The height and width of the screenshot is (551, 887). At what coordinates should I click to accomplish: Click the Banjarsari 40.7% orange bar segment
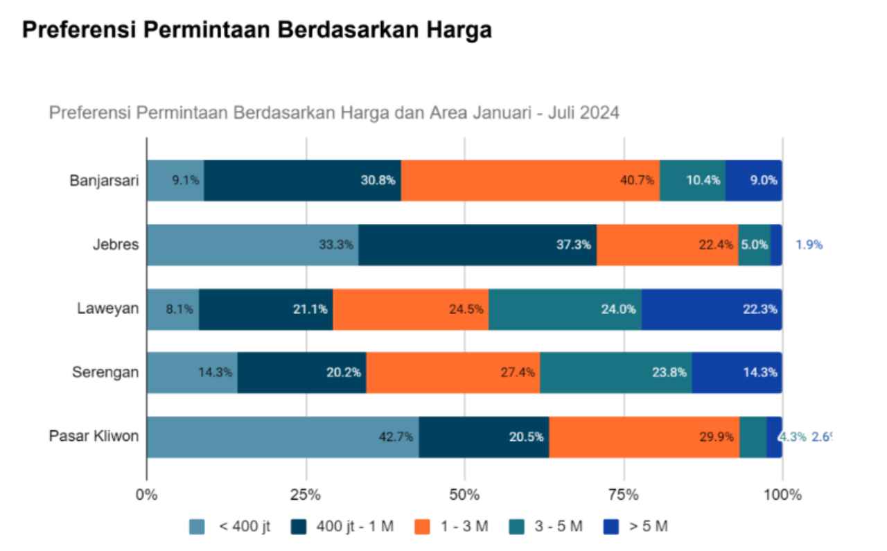pos(530,180)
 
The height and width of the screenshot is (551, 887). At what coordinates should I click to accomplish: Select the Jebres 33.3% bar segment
pos(252,245)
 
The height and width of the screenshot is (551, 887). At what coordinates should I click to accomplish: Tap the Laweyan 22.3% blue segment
pos(712,309)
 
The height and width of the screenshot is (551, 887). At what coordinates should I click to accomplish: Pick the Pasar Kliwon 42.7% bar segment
pos(282,437)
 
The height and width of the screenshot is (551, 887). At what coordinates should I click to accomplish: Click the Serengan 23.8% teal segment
pos(615,372)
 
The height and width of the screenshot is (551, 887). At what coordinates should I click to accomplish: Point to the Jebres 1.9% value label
pos(809,245)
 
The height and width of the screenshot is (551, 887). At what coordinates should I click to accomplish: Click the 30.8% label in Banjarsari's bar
pos(378,180)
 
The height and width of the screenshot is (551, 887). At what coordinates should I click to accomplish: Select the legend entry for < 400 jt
pos(229,527)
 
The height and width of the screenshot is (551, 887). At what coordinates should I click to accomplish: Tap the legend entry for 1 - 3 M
pos(450,527)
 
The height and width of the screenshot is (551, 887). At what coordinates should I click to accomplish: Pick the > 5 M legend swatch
pos(611,527)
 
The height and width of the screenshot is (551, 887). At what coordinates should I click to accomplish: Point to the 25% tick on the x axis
pos(306,495)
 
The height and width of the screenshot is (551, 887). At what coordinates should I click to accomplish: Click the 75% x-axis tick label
pos(624,495)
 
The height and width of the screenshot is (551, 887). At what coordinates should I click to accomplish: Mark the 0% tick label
pos(147,495)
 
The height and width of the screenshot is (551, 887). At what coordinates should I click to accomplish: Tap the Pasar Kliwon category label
pos(94,437)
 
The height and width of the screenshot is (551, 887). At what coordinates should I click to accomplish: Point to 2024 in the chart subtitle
pos(600,112)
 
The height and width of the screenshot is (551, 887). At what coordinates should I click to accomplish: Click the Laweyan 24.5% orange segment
pos(410,309)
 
